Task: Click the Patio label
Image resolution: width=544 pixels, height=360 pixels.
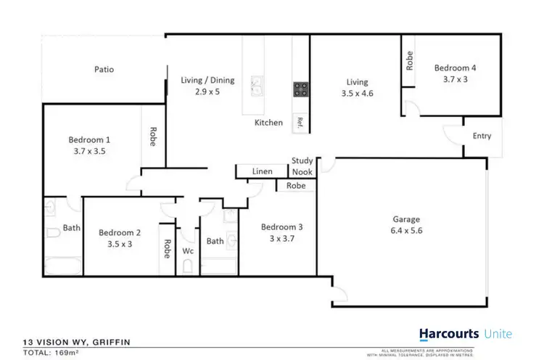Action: (104, 70)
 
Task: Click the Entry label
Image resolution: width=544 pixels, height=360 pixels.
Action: (482, 136)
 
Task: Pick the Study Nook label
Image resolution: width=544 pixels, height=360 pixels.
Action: (302, 166)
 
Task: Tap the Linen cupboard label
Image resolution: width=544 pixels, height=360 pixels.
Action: (262, 171)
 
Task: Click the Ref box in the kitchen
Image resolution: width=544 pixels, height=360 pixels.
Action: (298, 122)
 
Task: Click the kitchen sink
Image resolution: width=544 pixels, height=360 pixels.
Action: (257, 86)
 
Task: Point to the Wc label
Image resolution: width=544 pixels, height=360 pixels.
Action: (188, 251)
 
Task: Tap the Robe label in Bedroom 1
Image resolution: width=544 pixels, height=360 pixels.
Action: (152, 137)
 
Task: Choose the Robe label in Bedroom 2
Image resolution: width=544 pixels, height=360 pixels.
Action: (167, 249)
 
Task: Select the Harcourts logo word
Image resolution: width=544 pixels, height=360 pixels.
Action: (449, 334)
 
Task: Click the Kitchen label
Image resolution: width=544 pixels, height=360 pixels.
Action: (268, 123)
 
